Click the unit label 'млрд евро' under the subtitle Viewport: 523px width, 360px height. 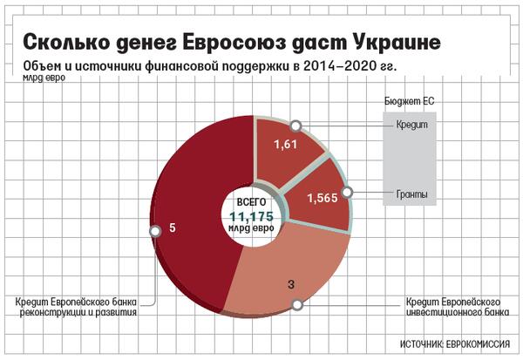[38, 80]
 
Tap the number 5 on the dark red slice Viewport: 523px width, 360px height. [173, 228]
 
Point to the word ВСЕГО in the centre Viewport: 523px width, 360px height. [252, 202]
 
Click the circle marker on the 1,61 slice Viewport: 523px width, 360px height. [296, 126]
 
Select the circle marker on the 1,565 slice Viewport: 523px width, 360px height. [347, 192]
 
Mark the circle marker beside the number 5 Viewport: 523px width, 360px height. [155, 230]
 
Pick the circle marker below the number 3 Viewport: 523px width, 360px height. [296, 304]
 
